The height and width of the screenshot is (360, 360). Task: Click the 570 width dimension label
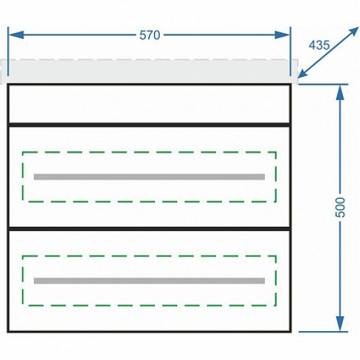(x=150, y=35)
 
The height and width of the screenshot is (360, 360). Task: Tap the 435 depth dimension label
(x=319, y=45)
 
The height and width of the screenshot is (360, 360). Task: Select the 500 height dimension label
(x=340, y=207)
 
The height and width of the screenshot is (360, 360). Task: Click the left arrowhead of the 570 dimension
(x=17, y=35)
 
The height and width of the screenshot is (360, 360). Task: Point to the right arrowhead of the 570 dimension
(x=282, y=35)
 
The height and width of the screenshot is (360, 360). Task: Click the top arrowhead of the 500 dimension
(x=340, y=92)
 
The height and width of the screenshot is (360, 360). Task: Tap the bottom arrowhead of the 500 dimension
(x=340, y=323)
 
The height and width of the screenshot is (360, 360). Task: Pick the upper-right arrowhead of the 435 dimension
(x=352, y=32)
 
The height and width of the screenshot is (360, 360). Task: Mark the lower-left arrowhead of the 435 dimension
(x=303, y=73)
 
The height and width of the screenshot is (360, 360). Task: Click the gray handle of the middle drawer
(x=149, y=177)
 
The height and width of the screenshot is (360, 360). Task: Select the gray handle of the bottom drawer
(x=149, y=281)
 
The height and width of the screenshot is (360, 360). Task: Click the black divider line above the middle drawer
(x=149, y=125)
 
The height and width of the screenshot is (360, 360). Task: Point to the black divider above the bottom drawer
(x=149, y=229)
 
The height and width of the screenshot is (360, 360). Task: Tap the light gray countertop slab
(x=149, y=71)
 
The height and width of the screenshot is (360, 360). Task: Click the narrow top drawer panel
(x=149, y=104)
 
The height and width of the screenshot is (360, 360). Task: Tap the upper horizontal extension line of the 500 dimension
(x=323, y=84)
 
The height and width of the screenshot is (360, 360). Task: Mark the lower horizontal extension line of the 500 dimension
(x=323, y=332)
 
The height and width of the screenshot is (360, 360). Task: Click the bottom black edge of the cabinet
(x=149, y=332)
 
